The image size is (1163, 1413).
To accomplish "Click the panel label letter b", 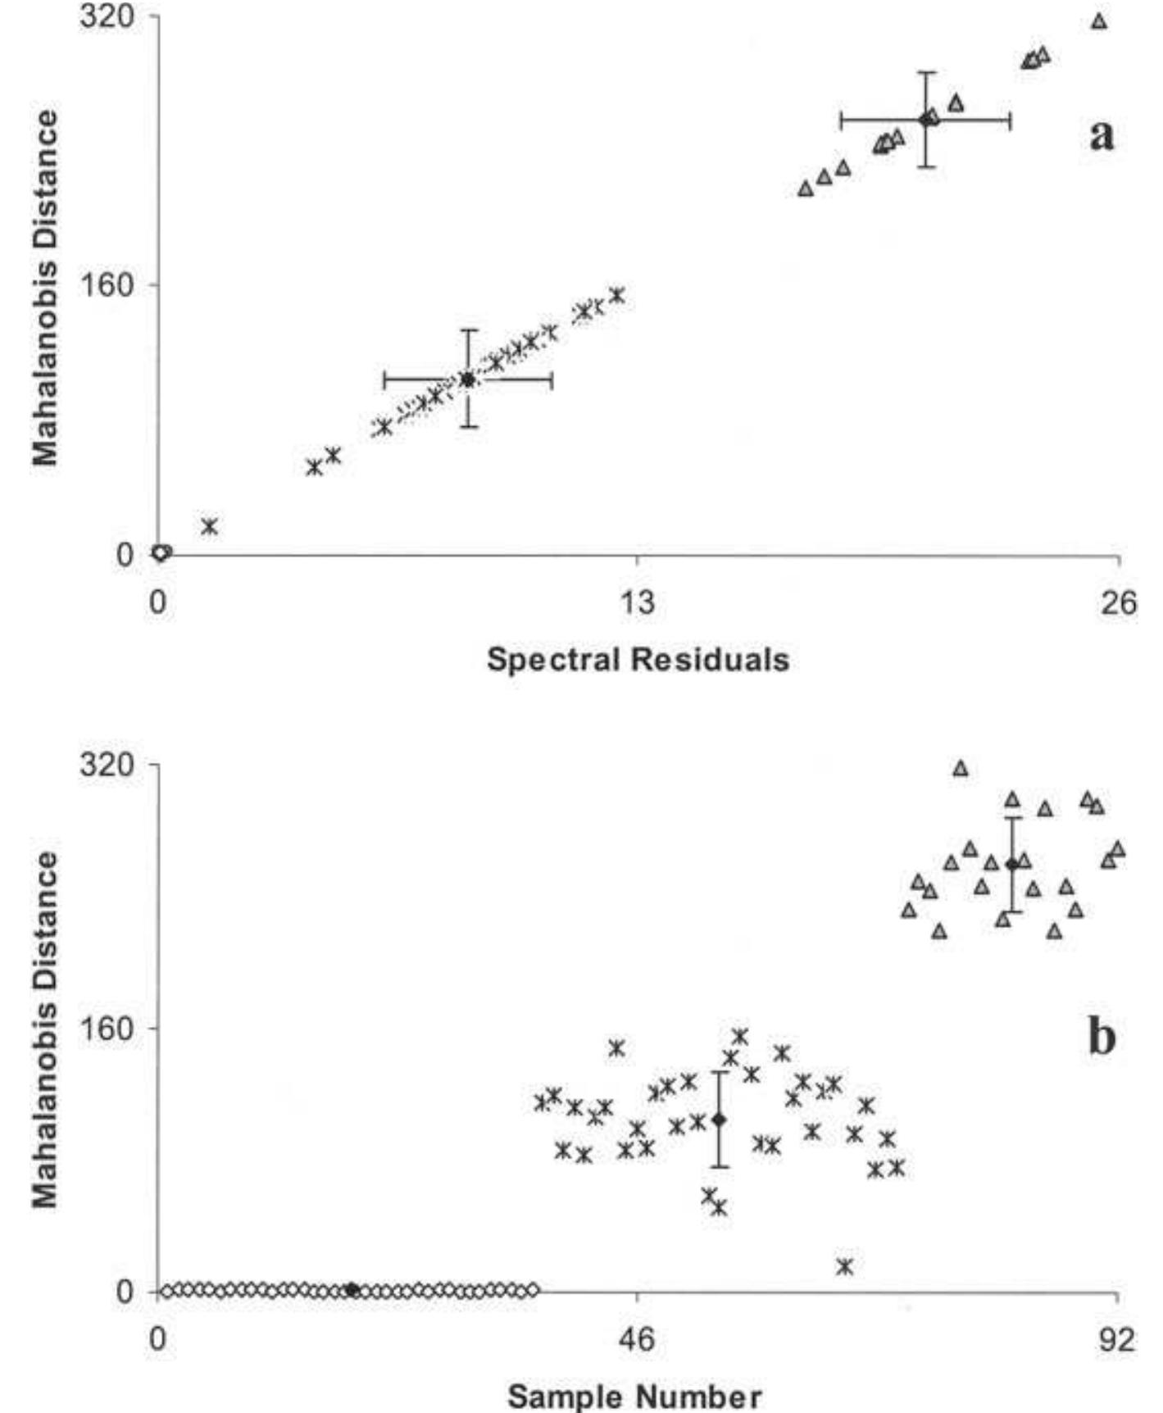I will point(1102,1038).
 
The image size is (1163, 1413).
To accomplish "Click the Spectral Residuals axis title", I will point(638,660).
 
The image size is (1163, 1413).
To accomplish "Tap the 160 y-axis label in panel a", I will point(107,286).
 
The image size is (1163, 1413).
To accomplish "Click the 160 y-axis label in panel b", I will point(107,1028).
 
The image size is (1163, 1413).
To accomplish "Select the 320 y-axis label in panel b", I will point(107,765).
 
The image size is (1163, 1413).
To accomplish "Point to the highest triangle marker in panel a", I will point(1099,21).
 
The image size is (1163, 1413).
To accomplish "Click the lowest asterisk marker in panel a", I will point(210,526).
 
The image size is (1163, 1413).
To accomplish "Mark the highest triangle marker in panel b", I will point(961,769).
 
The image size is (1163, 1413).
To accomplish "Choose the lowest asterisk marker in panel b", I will point(846,1266).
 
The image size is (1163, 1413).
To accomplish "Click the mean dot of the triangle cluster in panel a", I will point(926,120).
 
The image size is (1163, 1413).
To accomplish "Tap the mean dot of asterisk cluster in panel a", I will point(468,379).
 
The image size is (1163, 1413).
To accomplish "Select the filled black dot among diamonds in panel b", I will point(352,1290).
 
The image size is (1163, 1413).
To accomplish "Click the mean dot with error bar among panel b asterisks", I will point(720,1120).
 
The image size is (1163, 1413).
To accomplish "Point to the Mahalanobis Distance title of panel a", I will point(46,287).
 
